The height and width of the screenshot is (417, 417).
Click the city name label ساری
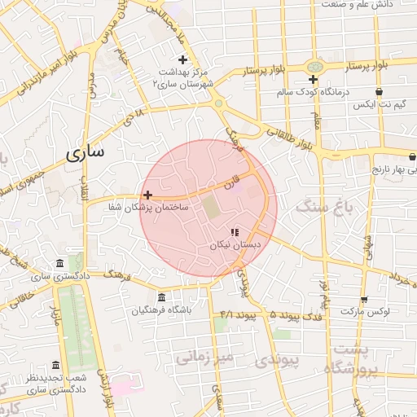(87, 152)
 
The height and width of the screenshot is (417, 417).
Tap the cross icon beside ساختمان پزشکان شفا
(147, 195)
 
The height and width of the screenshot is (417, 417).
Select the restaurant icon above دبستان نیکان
(235, 232)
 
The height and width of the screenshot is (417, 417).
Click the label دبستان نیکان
(235, 244)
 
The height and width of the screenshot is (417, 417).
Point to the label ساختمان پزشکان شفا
(148, 208)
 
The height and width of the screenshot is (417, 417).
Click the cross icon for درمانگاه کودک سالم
(313, 79)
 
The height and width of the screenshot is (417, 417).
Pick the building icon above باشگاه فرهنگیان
(161, 296)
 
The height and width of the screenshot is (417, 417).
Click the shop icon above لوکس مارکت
(363, 299)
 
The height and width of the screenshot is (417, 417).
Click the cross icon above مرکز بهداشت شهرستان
(182, 59)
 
